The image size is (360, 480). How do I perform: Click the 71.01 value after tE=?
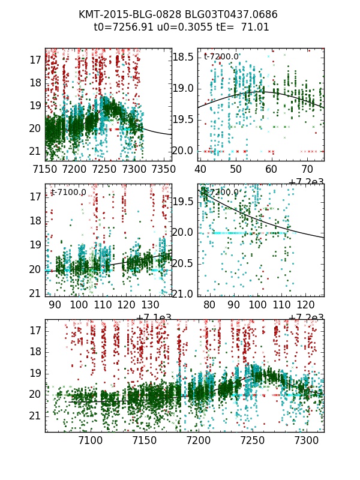(256, 27)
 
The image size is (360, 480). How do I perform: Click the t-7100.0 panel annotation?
(69, 192)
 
